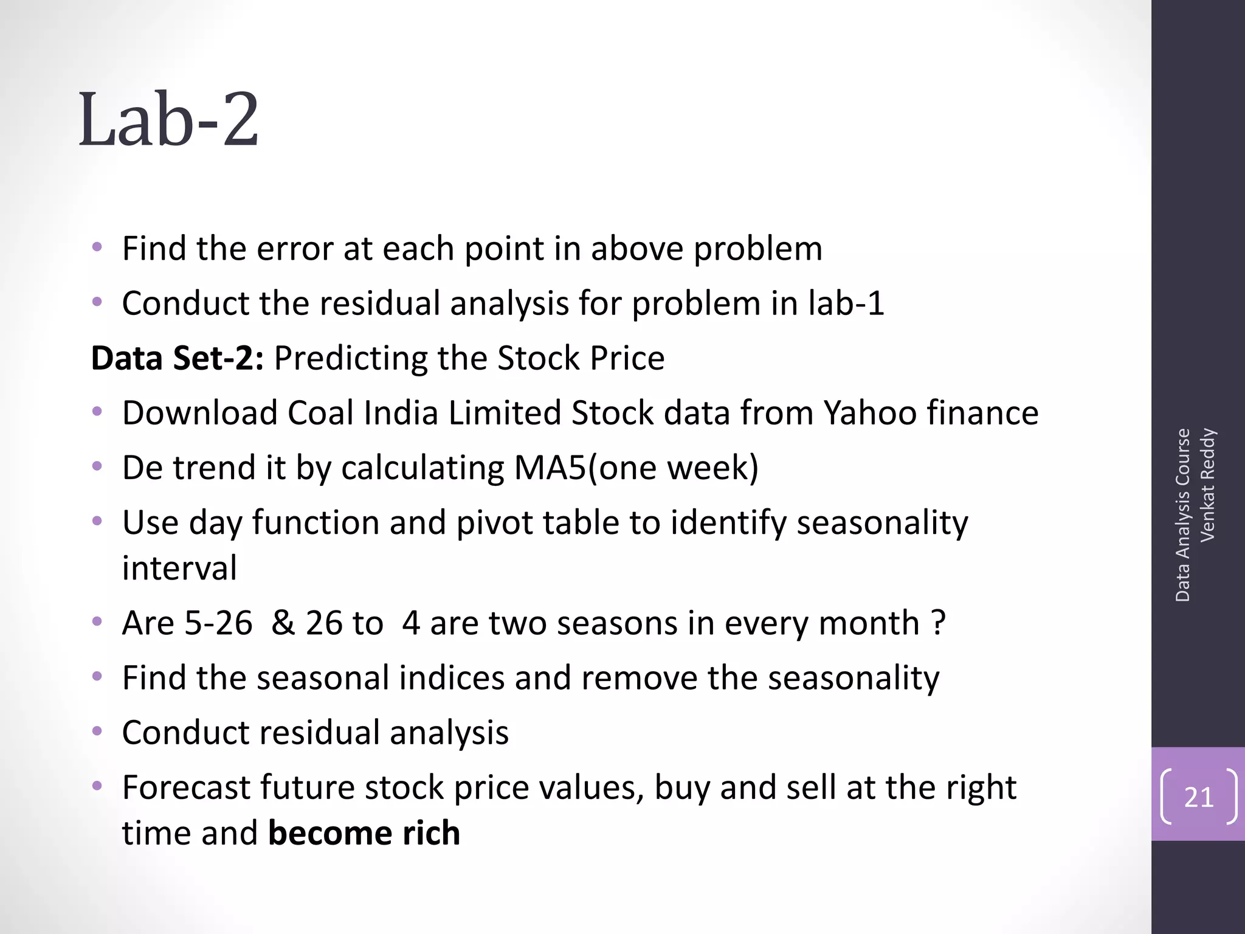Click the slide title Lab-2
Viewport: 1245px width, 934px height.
point(169,120)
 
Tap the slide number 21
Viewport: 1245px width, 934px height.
point(1198,797)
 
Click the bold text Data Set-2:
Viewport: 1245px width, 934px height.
point(177,358)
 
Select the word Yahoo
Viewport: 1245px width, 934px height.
point(870,413)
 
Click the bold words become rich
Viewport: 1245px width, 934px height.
point(364,832)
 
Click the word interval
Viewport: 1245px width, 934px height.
point(179,568)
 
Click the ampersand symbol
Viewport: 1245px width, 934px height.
point(283,623)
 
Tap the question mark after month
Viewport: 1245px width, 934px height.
point(938,623)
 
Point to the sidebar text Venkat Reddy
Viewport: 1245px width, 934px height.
point(1207,485)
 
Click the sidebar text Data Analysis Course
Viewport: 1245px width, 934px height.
point(1182,515)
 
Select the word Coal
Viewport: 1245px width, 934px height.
point(320,413)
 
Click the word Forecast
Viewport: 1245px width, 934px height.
point(186,787)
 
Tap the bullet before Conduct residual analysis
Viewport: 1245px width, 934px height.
point(97,732)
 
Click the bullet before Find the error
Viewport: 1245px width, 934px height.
point(97,248)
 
